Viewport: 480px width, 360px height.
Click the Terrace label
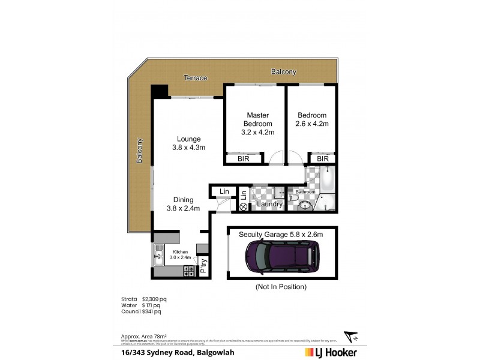pyautogui.click(x=196, y=78)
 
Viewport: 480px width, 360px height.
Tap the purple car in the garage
pyautogui.click(x=280, y=257)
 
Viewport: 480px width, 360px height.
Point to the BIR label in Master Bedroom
pyautogui.click(x=244, y=159)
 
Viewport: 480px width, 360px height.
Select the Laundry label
pyautogui.click(x=269, y=204)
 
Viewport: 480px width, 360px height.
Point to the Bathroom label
pyautogui.click(x=305, y=192)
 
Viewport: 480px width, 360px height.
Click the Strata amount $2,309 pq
pyautogui.click(x=154, y=298)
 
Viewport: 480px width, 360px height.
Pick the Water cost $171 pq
pyautogui.click(x=151, y=305)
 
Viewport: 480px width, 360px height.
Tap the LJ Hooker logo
pyautogui.click(x=331, y=352)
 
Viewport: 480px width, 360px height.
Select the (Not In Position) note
pyautogui.click(x=281, y=287)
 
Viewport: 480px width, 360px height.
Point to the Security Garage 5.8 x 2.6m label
pyautogui.click(x=281, y=234)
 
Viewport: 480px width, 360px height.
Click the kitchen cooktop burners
pyautogui.click(x=188, y=271)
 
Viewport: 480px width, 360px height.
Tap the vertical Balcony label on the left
pyautogui.click(x=140, y=151)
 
